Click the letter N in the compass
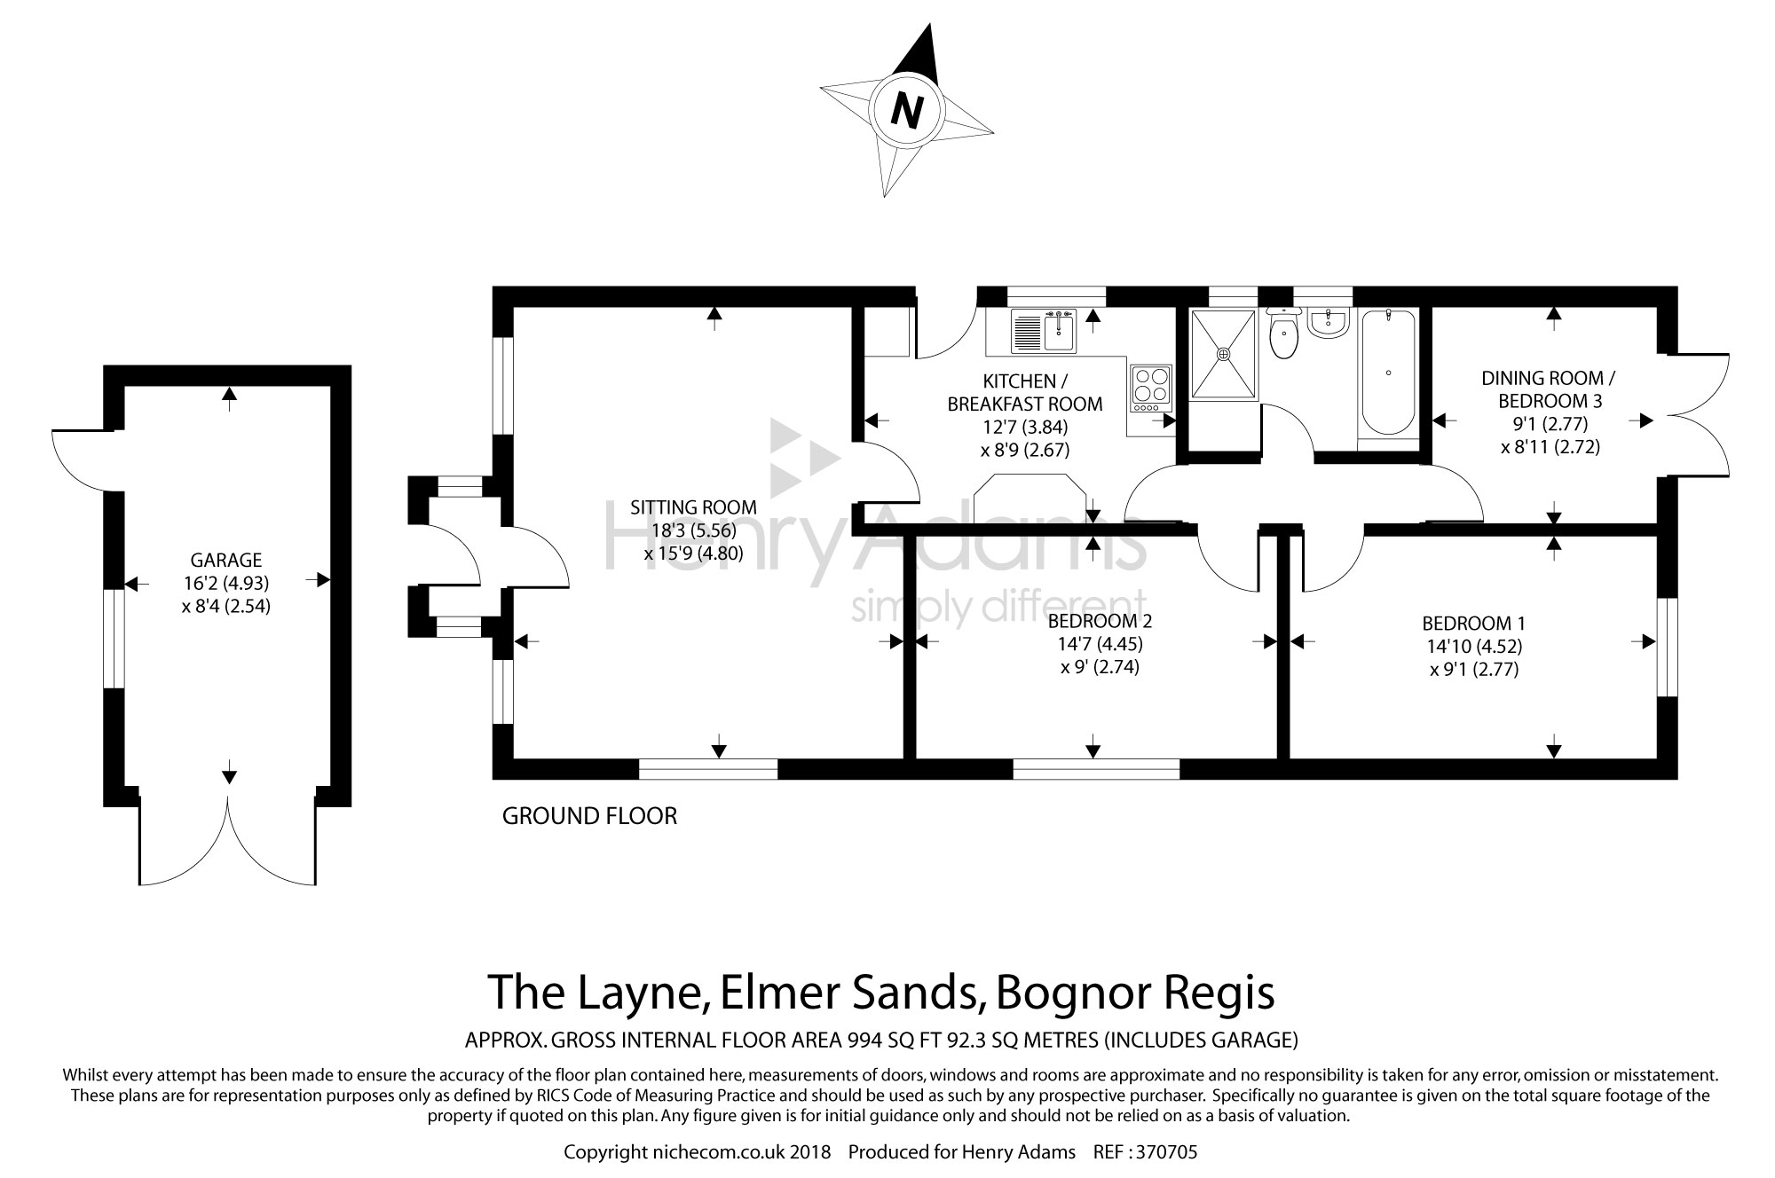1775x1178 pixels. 906,111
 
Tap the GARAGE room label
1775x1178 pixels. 226,560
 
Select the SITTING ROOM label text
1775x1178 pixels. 693,507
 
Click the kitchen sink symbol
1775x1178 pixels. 1044,333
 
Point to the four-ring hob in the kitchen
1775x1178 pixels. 1151,389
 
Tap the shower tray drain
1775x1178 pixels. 1224,354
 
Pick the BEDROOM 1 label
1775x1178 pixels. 1474,624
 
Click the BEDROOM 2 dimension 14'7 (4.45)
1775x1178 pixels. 1099,644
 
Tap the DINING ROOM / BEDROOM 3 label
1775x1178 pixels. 1549,389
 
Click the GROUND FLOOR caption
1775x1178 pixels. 589,816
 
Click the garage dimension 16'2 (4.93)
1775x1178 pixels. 226,583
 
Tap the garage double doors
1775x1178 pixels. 228,843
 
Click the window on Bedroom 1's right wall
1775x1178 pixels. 1668,647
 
